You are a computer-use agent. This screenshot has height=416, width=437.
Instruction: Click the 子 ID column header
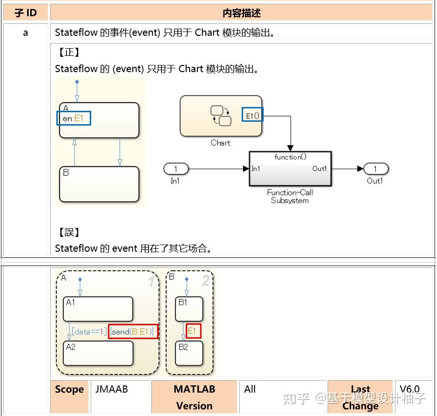(26, 13)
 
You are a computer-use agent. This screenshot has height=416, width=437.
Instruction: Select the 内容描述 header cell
(241, 13)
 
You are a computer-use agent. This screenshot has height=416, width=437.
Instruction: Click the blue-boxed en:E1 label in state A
(74, 118)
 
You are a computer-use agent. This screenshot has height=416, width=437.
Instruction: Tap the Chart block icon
(221, 116)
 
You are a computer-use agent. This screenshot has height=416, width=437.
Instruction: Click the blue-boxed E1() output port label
(252, 115)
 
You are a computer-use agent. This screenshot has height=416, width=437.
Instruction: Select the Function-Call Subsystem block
(290, 169)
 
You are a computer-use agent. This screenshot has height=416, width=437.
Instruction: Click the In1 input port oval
(176, 169)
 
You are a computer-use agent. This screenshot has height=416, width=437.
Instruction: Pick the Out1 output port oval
(375, 169)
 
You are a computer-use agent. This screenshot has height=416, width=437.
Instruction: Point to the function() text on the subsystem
(290, 157)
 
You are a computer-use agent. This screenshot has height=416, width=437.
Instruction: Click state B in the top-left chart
(99, 184)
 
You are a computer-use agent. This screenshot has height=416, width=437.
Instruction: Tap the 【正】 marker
(69, 53)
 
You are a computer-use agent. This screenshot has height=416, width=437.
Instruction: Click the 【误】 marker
(69, 233)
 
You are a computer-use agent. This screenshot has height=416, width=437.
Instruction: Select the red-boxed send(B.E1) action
(133, 331)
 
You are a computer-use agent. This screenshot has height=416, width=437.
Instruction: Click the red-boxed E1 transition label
(193, 331)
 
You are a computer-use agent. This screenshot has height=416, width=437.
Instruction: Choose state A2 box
(98, 353)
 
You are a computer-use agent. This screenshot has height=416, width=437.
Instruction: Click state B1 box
(189, 309)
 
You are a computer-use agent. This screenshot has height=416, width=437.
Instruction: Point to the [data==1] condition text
(89, 331)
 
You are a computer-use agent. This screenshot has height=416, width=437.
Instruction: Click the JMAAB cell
(112, 389)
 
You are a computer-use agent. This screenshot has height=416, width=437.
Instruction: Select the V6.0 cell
(409, 389)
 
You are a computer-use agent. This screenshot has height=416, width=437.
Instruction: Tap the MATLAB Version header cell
(194, 397)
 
